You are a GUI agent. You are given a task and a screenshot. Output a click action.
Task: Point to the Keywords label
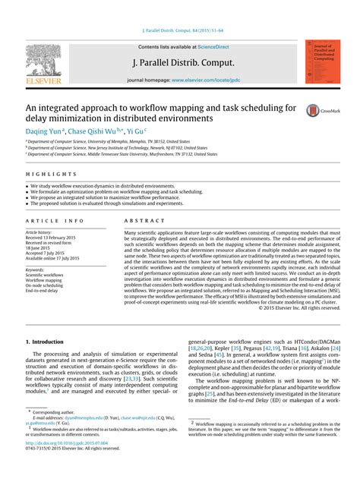click(x=35, y=269)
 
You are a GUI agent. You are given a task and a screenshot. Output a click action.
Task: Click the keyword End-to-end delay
click(x=43, y=291)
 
